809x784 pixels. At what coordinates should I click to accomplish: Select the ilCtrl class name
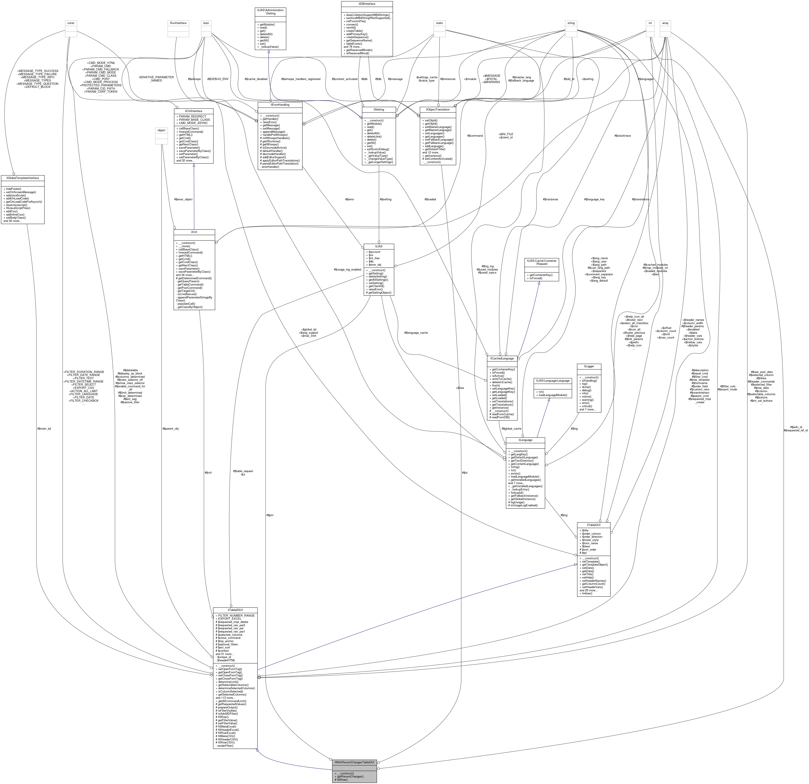(194, 232)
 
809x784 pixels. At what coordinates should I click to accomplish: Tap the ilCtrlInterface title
(194, 111)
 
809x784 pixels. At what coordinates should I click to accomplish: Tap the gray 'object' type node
(161, 130)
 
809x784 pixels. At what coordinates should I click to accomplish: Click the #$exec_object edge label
(183, 199)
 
